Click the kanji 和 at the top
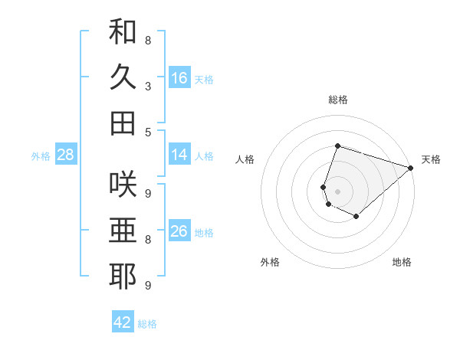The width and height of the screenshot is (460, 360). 123,32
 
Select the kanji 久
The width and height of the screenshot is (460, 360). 123,77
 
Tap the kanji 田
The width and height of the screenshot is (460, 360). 123,123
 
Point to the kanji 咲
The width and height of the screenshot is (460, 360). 123,184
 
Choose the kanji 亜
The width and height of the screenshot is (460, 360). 123,231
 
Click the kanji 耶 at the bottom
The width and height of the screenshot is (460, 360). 123,277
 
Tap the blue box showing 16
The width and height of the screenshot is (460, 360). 179,78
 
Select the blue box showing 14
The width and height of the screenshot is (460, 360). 179,155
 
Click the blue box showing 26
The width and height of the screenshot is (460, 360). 179,231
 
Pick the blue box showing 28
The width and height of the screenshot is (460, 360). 66,155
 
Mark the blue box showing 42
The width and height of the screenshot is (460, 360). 123,322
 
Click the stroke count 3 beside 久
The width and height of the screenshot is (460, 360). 147,86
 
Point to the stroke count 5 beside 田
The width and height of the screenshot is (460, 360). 147,132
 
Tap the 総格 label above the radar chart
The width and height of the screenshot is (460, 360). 338,100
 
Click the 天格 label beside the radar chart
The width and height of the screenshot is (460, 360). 431,159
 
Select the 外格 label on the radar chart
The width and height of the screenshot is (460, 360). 270,262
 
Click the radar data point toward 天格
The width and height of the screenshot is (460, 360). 411,168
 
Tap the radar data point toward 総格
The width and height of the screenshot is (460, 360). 337,146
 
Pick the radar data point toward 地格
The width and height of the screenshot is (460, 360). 356,217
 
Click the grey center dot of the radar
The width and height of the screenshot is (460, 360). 337,191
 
